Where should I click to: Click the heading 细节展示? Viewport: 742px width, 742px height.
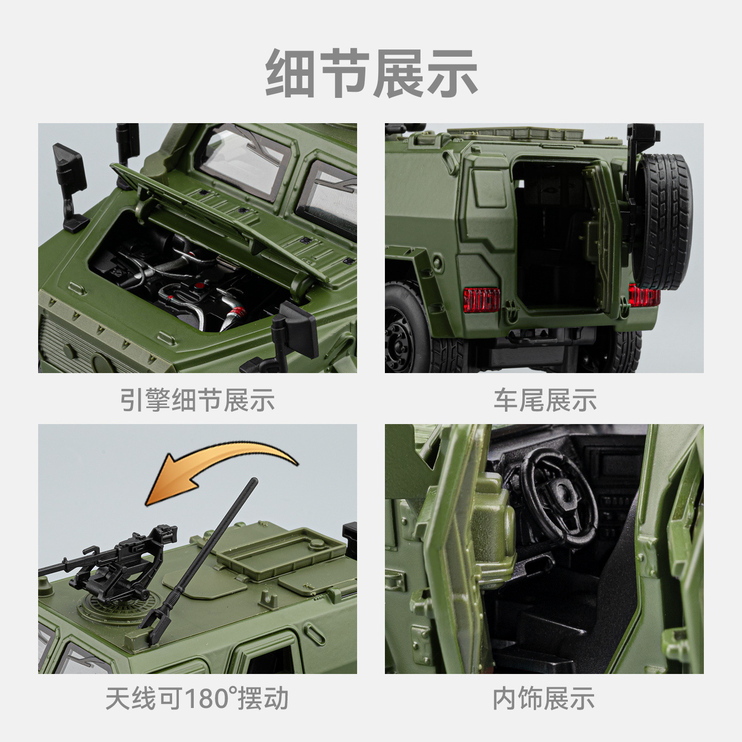(372, 73)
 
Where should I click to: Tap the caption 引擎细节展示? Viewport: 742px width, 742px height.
(197, 400)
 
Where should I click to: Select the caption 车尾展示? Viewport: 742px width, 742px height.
(545, 400)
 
